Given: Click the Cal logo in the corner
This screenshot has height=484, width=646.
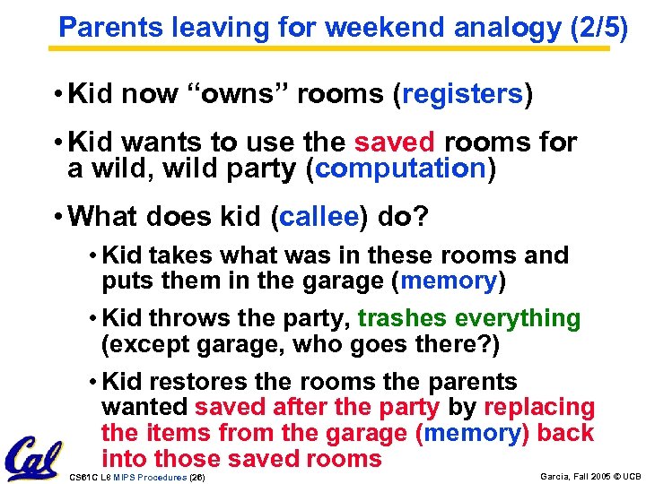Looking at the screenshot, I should pos(32,457).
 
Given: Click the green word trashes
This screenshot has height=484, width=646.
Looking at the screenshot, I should pos(403,318).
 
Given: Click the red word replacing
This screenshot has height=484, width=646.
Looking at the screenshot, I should pos(539,407).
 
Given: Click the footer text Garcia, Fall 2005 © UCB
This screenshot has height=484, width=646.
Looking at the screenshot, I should pos(589,476).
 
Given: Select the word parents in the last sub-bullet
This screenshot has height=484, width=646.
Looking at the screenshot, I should pos(472,381).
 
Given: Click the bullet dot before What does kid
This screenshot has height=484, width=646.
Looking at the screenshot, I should pos(57,217).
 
